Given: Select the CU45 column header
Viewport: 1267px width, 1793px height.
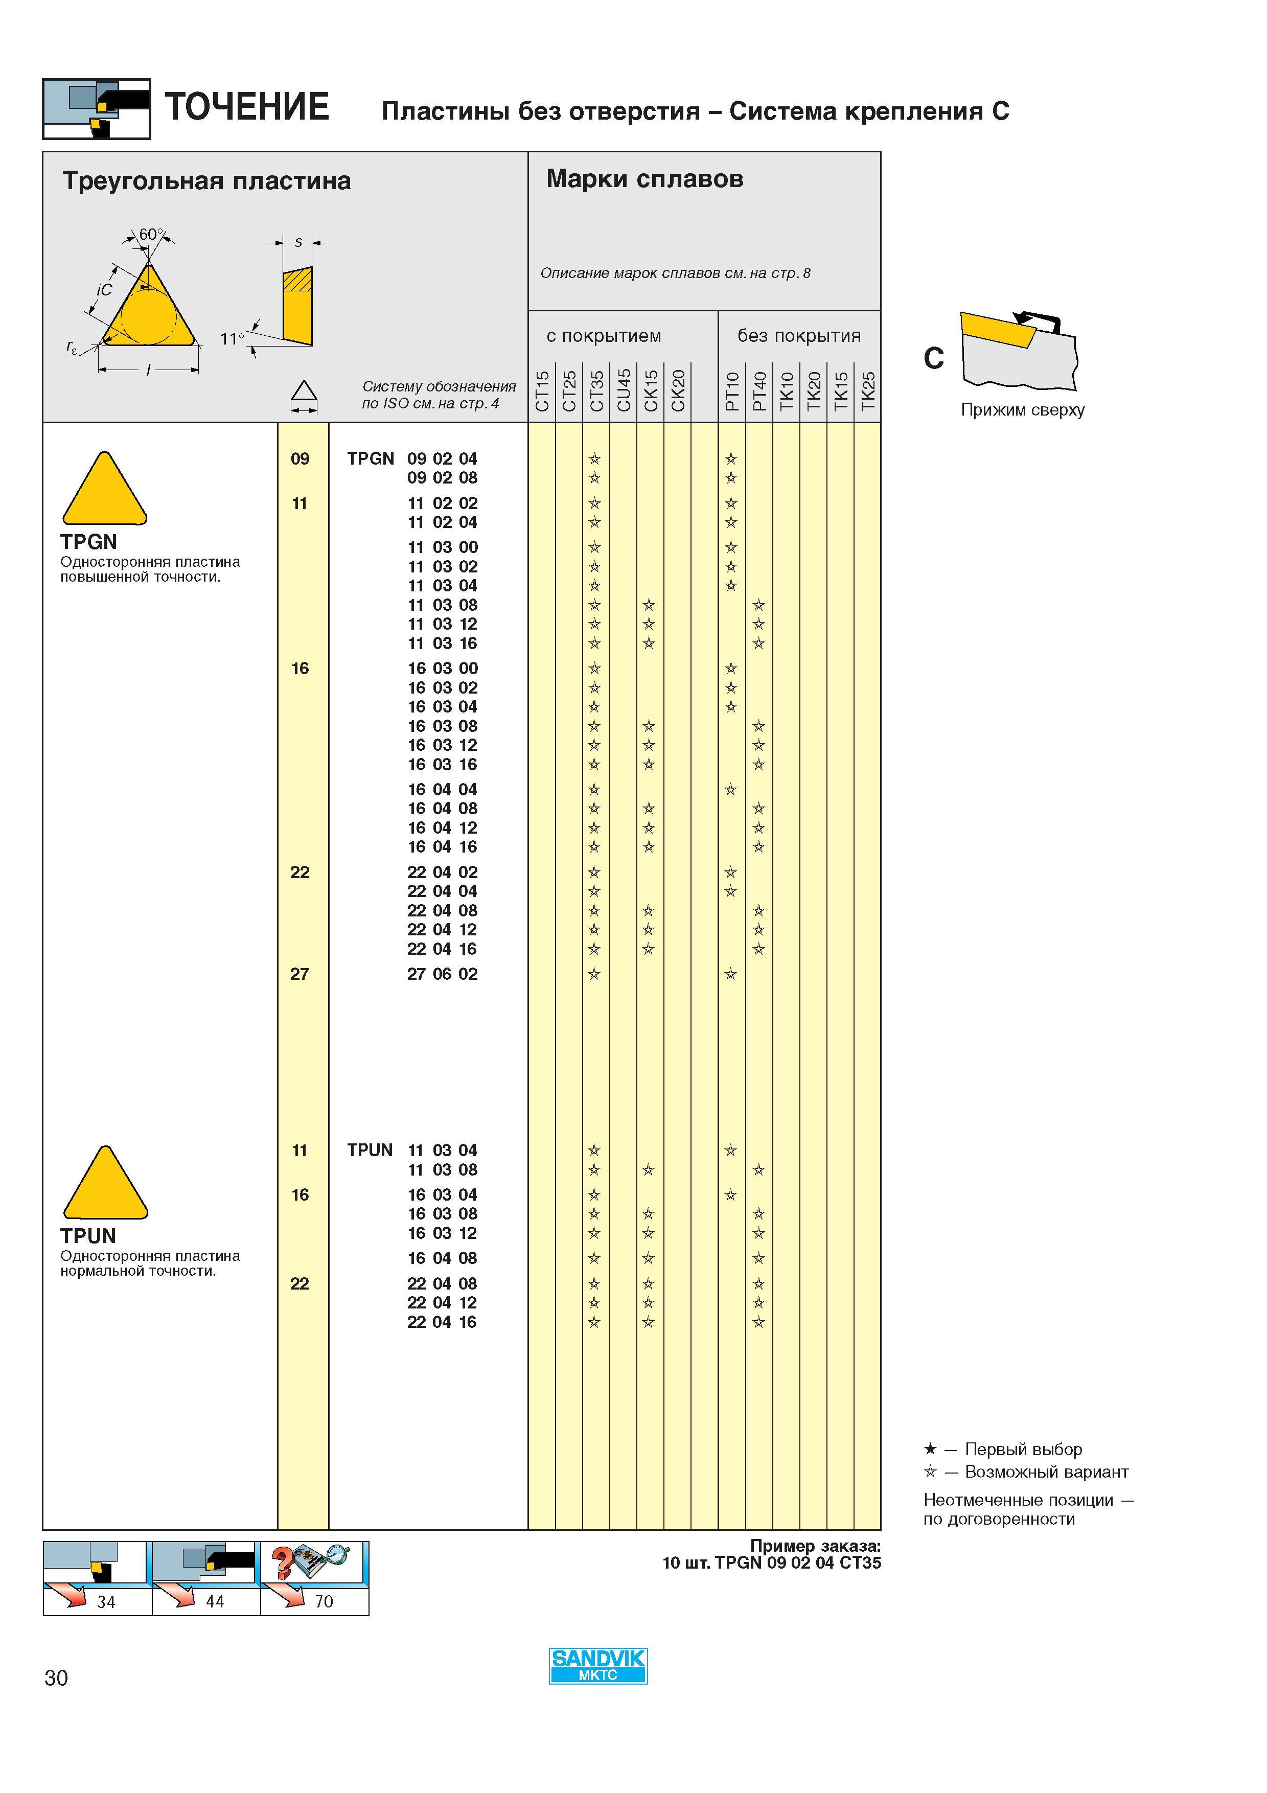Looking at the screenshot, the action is click(624, 390).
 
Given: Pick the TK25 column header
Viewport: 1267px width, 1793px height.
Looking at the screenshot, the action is click(867, 391).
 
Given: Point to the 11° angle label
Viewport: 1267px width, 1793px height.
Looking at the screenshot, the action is click(232, 339).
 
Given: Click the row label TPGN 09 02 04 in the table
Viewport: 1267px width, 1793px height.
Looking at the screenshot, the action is click(411, 458).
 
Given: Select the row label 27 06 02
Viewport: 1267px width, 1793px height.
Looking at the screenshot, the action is click(442, 974).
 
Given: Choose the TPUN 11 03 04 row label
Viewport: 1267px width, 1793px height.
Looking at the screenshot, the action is click(411, 1151).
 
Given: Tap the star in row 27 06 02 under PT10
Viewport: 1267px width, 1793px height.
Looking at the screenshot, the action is click(731, 974).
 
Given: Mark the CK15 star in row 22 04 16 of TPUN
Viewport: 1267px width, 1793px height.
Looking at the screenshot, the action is click(649, 1322).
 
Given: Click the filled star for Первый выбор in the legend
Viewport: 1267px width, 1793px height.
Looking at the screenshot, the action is click(930, 1450).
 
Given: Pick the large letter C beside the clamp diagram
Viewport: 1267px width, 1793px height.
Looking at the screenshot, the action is click(934, 358).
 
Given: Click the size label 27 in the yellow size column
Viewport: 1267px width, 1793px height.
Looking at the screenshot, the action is click(300, 974).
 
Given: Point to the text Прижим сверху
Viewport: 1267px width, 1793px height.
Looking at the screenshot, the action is click(1023, 410).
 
